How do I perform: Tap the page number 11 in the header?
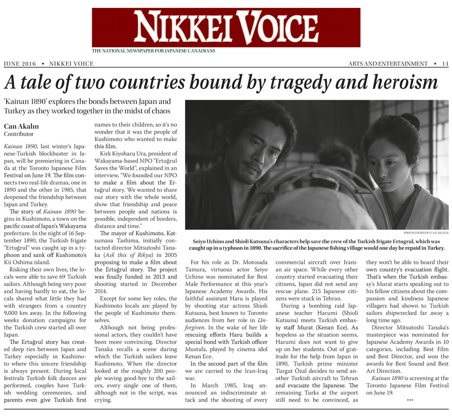point(445,64)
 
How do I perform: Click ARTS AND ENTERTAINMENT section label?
point(388,64)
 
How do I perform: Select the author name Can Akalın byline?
point(21,126)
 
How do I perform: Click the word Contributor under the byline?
point(19,134)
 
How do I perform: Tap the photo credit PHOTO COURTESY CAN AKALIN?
point(426,233)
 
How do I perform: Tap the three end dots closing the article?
point(410,399)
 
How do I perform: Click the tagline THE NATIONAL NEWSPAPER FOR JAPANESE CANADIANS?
point(153,51)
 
